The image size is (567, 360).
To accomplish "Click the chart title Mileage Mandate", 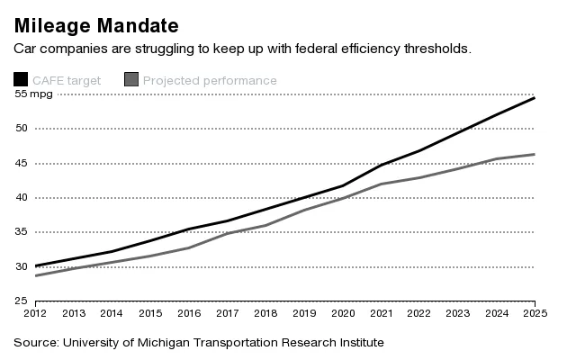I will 95,23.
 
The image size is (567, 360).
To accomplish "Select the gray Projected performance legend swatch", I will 131,81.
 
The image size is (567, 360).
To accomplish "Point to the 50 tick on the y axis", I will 21,129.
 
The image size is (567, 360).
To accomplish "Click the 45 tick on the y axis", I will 21,163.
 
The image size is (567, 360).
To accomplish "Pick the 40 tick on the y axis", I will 21,197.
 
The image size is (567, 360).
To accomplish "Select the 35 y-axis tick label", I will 21,232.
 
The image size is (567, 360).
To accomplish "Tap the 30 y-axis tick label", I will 21,266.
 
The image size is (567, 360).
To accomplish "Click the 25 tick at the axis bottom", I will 21,301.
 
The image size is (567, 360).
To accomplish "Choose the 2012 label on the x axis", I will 35,315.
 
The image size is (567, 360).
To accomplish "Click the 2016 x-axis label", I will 189,315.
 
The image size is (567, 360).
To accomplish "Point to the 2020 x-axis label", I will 342,315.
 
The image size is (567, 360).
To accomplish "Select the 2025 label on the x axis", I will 534,315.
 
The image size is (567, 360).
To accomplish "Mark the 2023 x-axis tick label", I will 457,315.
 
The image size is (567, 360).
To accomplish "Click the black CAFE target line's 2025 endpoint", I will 535,97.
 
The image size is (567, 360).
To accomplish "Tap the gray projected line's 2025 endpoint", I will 535,155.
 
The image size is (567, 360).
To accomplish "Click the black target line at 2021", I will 381,166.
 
